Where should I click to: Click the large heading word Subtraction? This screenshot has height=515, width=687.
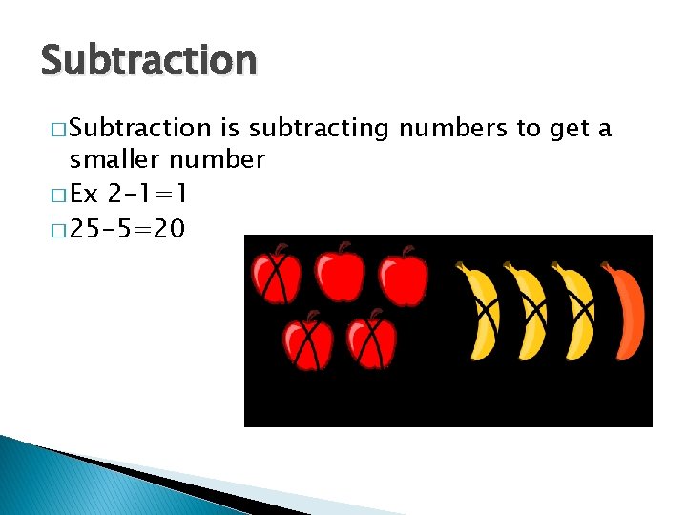pyautogui.click(x=149, y=61)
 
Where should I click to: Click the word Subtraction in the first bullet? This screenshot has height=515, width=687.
pyautogui.click(x=141, y=128)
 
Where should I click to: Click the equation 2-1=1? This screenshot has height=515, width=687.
pyautogui.click(x=149, y=194)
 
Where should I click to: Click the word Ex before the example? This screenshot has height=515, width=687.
pyautogui.click(x=85, y=194)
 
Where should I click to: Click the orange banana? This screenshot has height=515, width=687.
pyautogui.click(x=625, y=311)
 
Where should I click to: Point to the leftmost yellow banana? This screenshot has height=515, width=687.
pyautogui.click(x=478, y=311)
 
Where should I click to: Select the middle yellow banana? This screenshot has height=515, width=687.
pyautogui.click(x=527, y=311)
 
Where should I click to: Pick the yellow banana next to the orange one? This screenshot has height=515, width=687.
pyautogui.click(x=575, y=311)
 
